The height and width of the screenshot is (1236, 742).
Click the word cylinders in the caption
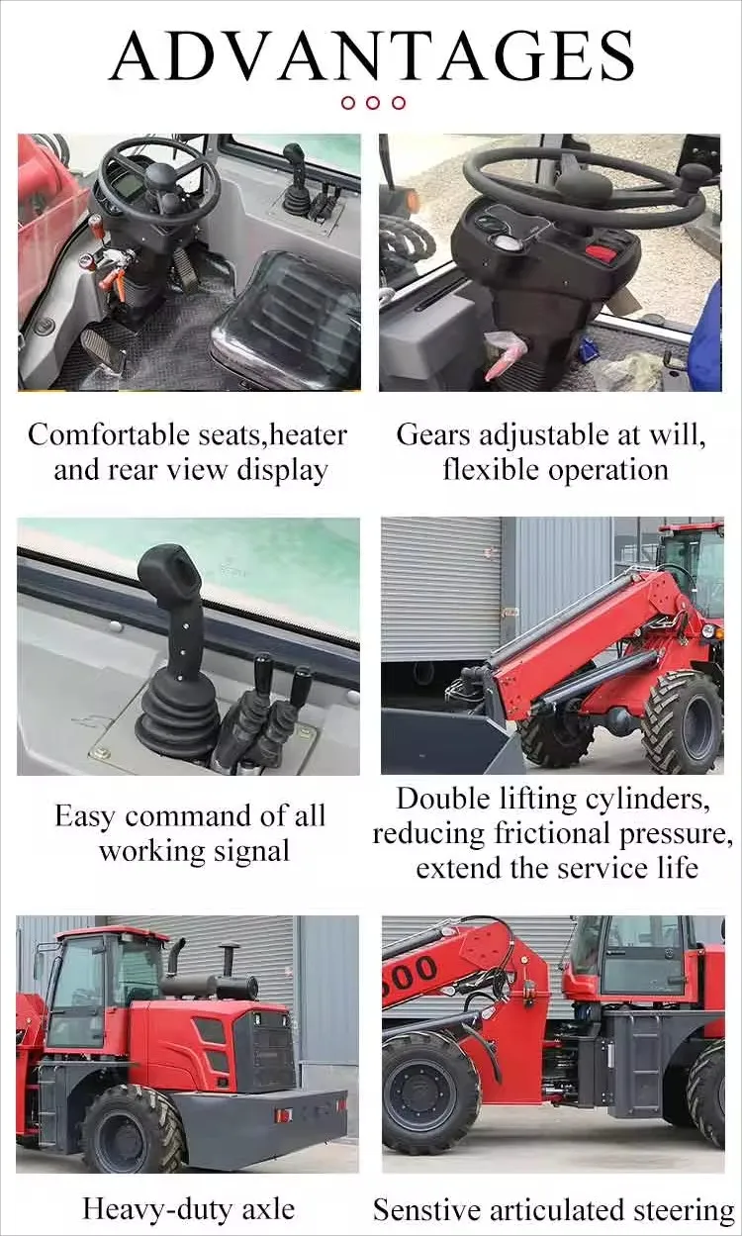[641, 799]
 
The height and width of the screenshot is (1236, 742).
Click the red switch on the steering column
[601, 251]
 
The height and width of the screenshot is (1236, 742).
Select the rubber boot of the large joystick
[177, 717]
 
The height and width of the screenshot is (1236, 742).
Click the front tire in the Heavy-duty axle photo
[131, 1131]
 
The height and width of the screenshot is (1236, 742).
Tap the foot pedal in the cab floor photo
[102, 350]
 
